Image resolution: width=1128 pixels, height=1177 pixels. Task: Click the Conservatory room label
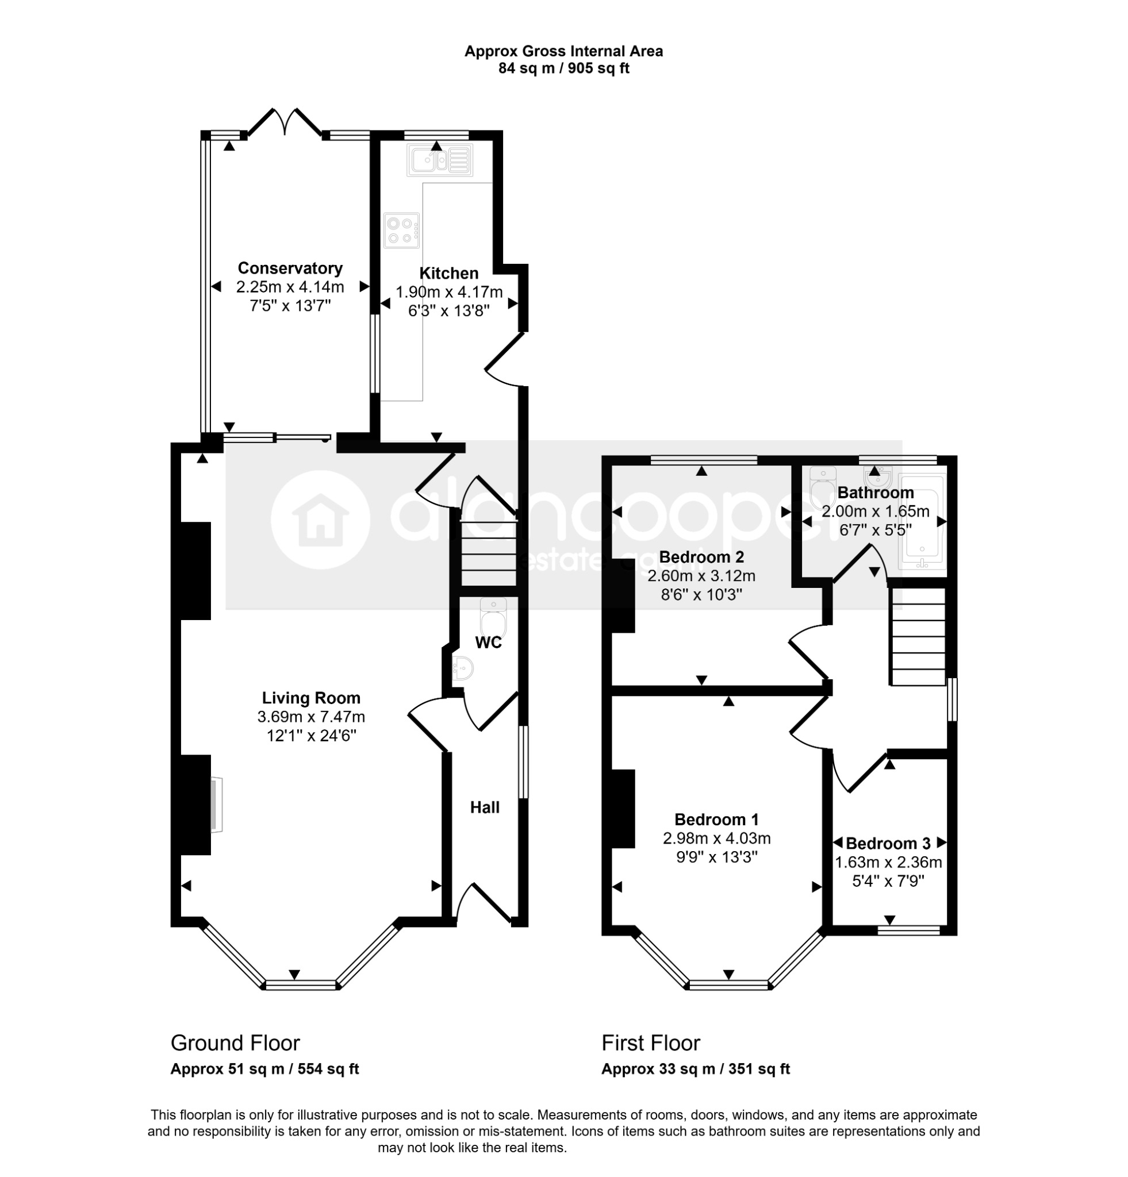(290, 268)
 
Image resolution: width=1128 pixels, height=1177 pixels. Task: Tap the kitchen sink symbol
(440, 160)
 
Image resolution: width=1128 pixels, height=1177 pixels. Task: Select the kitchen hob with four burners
(402, 230)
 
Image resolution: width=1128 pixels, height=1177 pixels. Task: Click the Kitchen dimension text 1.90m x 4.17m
(448, 293)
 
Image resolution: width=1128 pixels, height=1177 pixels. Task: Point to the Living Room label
(311, 698)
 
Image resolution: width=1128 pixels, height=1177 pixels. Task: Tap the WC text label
(488, 643)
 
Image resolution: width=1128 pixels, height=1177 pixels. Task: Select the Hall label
(485, 807)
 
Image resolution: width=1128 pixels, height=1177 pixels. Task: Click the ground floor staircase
(488, 553)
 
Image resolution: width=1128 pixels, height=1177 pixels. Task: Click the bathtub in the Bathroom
(922, 521)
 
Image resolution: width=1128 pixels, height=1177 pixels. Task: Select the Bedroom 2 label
(701, 557)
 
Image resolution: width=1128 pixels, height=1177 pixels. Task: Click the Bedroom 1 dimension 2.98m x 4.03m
(716, 838)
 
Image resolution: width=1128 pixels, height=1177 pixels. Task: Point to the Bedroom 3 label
(888, 844)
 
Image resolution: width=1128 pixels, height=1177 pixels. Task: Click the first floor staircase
(918, 637)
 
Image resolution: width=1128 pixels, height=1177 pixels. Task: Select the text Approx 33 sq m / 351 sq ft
(696, 1069)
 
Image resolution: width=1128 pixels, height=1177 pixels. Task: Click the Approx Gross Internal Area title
(563, 52)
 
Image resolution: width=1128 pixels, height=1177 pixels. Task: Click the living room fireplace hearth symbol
(216, 805)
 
